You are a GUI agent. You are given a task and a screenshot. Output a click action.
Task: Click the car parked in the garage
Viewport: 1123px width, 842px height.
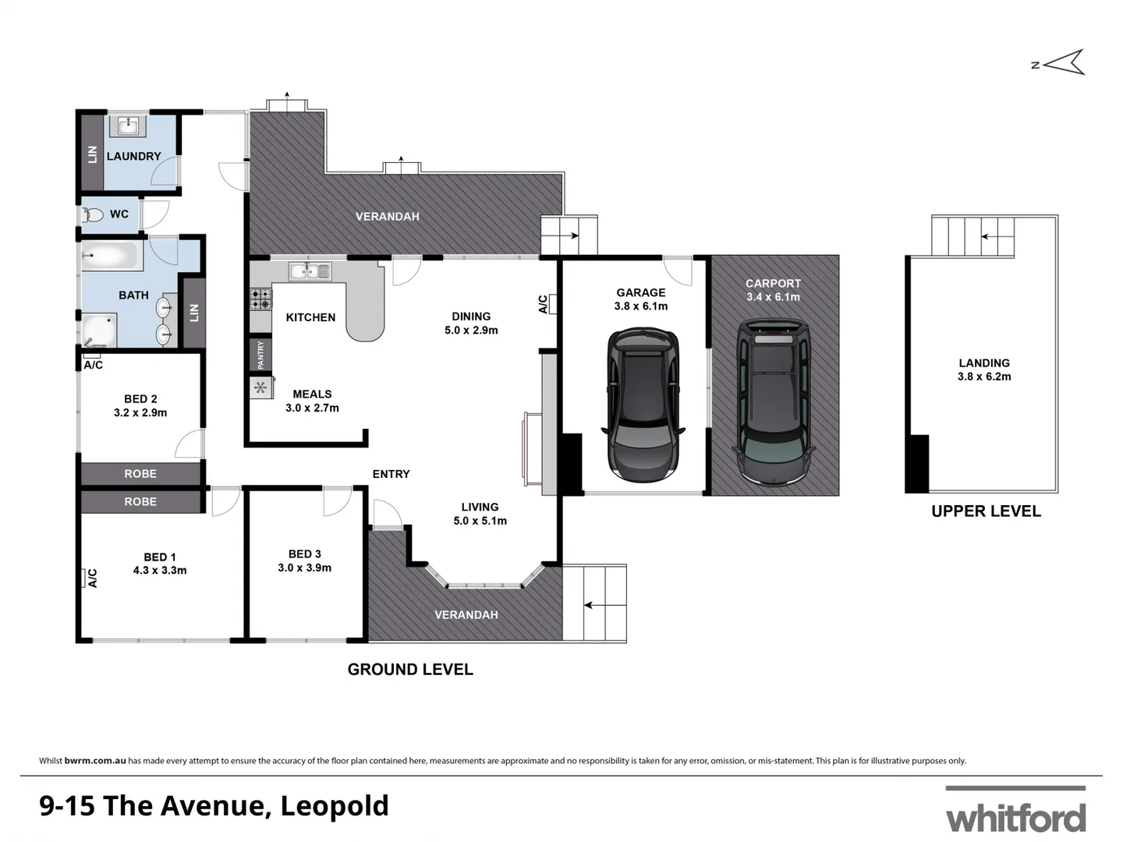pyautogui.click(x=642, y=404)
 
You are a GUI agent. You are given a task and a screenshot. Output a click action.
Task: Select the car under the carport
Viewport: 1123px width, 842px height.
pyautogui.click(x=773, y=401)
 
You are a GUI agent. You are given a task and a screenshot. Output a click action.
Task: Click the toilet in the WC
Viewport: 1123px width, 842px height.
pyautogui.click(x=94, y=214)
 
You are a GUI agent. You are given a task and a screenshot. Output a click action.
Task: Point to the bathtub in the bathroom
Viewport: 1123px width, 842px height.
pyautogui.click(x=111, y=256)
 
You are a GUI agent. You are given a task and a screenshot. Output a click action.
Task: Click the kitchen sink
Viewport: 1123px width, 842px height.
pyautogui.click(x=310, y=271)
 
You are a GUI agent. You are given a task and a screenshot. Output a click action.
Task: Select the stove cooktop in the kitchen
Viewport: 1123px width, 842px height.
pyautogui.click(x=260, y=299)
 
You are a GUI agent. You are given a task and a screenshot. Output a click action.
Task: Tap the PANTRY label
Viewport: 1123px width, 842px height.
pyautogui.click(x=260, y=356)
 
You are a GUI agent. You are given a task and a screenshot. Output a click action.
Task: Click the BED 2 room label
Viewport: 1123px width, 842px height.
pyautogui.click(x=140, y=398)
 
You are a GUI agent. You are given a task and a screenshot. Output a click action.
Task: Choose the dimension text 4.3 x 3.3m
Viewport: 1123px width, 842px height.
pyautogui.click(x=160, y=571)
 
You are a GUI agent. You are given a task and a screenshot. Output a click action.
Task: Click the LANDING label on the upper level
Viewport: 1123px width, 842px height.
pyautogui.click(x=984, y=363)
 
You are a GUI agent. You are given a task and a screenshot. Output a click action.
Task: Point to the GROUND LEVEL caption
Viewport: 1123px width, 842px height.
pyautogui.click(x=410, y=669)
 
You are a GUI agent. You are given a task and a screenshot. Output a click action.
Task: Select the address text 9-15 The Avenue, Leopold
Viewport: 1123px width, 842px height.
pyautogui.click(x=214, y=805)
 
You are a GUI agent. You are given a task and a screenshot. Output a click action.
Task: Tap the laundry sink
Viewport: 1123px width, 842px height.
pyautogui.click(x=129, y=126)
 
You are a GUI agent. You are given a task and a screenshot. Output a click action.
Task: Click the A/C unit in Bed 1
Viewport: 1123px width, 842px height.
pyautogui.click(x=83, y=578)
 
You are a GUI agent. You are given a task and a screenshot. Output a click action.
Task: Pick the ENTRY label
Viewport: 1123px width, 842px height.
pyautogui.click(x=391, y=474)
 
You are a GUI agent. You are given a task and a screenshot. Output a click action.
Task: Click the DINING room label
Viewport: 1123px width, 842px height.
pyautogui.click(x=471, y=317)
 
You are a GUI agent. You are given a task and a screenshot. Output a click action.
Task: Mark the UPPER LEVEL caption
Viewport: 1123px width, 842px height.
pyautogui.click(x=986, y=511)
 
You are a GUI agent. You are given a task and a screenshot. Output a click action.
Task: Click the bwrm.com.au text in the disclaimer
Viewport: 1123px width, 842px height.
pyautogui.click(x=95, y=761)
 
